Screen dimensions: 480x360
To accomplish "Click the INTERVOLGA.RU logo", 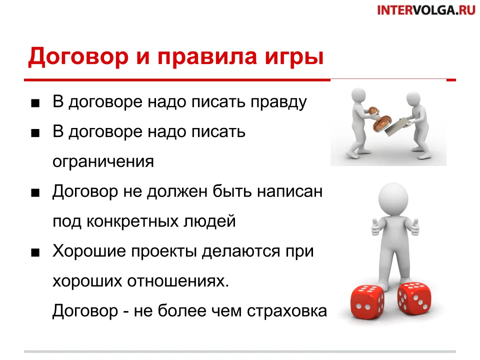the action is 426,10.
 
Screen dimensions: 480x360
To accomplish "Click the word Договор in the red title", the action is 78,57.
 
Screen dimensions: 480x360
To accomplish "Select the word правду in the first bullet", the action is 279,102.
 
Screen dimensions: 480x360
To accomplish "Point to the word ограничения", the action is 103,161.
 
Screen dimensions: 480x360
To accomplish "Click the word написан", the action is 290,192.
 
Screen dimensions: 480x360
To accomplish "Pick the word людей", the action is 209,221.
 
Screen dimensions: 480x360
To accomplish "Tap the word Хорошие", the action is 89,251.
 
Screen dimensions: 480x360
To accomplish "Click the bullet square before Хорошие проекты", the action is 35,253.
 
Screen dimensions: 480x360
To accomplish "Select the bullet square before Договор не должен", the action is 35,193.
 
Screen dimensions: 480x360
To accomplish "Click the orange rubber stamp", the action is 379,119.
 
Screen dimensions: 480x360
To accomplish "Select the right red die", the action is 414,299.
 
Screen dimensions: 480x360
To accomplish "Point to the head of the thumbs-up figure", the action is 393,198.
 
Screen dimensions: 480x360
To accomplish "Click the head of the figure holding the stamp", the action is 358,96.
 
